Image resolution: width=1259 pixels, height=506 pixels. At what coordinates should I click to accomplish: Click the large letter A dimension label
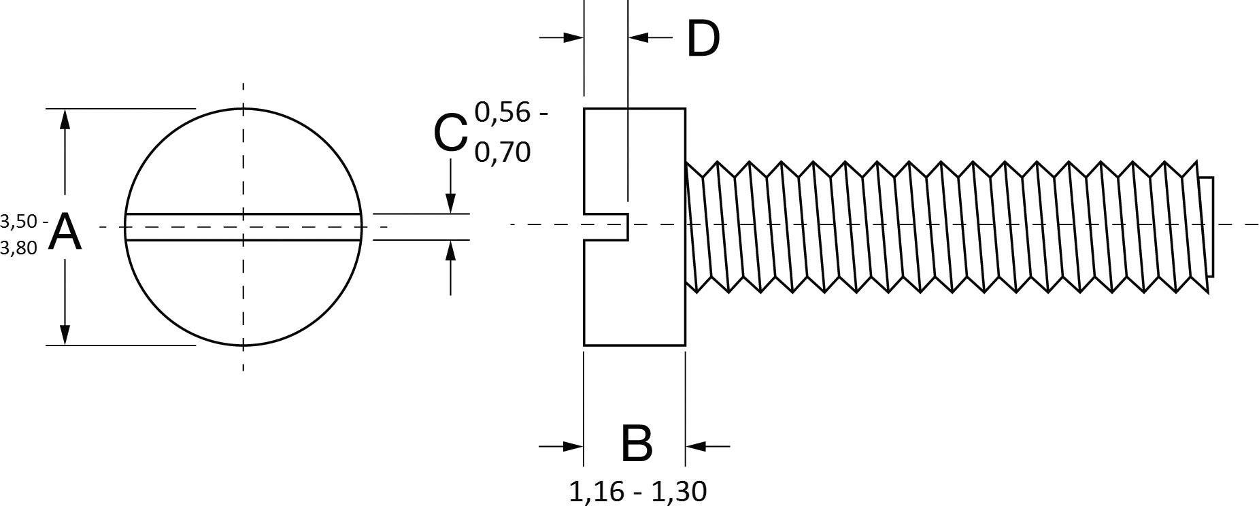click(66, 233)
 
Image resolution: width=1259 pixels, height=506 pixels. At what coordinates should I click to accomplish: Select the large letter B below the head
click(637, 444)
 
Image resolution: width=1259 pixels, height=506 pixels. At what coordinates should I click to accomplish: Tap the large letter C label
click(450, 133)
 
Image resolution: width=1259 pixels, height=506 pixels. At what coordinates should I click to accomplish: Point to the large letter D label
click(703, 39)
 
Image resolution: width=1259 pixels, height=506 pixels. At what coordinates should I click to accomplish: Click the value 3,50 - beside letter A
click(24, 221)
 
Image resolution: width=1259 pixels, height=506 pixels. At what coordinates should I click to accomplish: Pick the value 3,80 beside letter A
click(19, 249)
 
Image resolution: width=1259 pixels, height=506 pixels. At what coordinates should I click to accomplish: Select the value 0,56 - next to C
click(511, 113)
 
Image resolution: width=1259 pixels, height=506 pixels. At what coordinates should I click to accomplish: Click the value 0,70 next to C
click(503, 152)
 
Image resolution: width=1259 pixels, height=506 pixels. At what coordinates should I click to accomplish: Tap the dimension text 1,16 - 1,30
click(637, 491)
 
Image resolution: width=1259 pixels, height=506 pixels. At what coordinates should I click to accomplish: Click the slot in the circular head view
click(243, 227)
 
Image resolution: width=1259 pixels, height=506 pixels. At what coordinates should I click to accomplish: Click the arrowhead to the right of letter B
click(695, 446)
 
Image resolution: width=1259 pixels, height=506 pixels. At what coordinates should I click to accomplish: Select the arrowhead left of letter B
click(574, 446)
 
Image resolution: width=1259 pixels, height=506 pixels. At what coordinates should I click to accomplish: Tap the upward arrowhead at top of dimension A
click(65, 118)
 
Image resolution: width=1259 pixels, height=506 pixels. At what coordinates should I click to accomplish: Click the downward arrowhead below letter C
click(450, 203)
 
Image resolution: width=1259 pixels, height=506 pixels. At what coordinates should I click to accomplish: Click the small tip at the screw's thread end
click(1208, 226)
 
